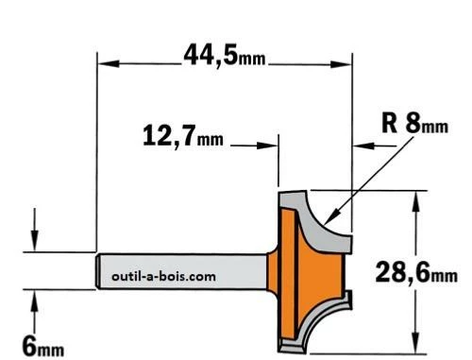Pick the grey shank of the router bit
(x=189, y=270)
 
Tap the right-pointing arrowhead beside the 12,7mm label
(x=273, y=146)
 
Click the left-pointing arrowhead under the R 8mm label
(x=358, y=146)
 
